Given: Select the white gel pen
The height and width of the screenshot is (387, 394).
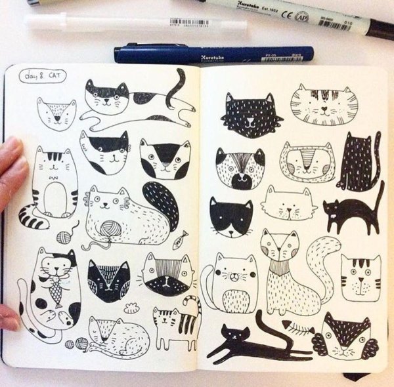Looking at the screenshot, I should pos(98,24).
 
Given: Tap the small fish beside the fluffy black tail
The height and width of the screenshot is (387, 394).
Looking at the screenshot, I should pos(179,240).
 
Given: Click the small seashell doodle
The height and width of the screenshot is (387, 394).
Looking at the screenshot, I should pos(131,308).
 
